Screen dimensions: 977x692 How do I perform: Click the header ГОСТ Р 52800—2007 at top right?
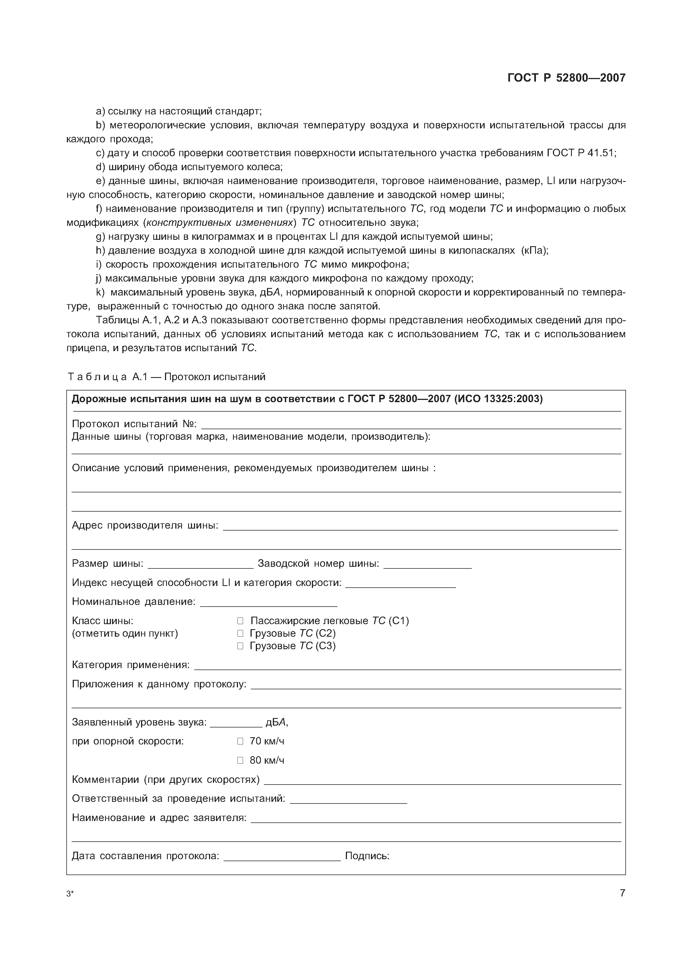[x=566, y=78]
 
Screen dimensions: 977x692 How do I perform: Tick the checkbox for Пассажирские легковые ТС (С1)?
[x=240, y=621]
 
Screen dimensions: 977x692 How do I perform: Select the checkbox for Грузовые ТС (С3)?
[x=240, y=646]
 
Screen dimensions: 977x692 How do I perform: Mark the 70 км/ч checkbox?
[x=240, y=741]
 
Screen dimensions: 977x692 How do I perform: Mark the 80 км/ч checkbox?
[x=240, y=760]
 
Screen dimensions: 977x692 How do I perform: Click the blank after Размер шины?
[x=200, y=565]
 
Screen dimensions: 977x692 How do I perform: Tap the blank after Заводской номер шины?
[x=428, y=565]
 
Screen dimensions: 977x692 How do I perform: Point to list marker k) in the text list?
[x=100, y=292]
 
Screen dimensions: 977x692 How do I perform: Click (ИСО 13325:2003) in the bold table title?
[x=499, y=399]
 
